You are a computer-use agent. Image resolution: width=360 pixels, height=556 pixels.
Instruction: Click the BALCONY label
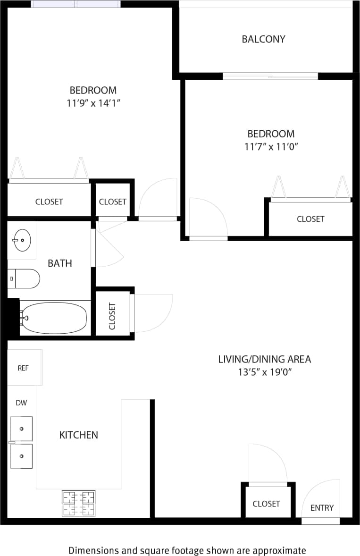(263, 39)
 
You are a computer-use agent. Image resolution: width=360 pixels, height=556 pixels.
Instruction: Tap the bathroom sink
(21, 240)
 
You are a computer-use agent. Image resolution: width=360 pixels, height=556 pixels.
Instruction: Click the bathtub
(54, 318)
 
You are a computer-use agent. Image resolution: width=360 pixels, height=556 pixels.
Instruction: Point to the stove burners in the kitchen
(78, 503)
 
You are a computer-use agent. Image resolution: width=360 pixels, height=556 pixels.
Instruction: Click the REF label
(23, 368)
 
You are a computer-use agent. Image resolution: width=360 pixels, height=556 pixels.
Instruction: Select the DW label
(21, 403)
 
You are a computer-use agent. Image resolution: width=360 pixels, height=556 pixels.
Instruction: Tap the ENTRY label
(322, 508)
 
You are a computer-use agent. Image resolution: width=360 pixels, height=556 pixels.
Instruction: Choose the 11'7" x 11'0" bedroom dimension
(271, 147)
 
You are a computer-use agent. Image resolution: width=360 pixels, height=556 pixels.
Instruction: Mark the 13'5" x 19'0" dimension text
(265, 372)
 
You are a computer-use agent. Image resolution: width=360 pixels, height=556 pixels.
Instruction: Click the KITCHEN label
(78, 435)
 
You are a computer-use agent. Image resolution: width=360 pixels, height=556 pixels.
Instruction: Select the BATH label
(60, 263)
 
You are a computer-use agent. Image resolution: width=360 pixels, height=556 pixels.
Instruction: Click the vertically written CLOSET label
(112, 315)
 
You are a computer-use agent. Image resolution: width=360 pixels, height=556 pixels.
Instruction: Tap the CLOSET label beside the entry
(266, 504)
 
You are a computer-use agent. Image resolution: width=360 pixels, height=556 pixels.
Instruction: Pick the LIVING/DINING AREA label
(264, 359)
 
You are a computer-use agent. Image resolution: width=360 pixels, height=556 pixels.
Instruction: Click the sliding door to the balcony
(270, 76)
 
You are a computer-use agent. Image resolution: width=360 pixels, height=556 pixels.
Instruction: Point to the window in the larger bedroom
(75, 4)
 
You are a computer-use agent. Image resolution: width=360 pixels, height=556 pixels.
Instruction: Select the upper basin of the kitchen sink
(22, 429)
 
